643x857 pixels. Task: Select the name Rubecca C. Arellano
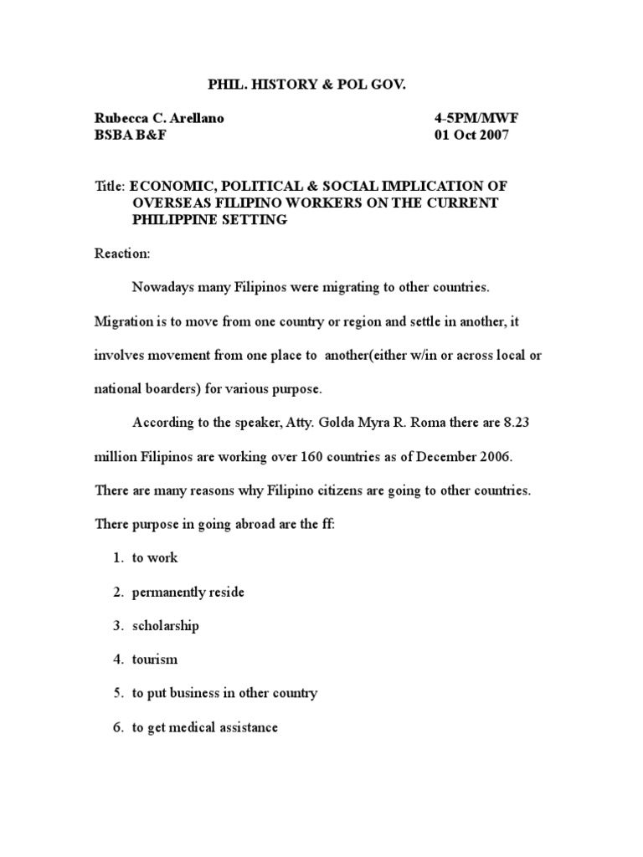pyautogui.click(x=159, y=119)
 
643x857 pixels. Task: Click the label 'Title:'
pyautogui.click(x=109, y=185)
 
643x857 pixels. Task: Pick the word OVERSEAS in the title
pyautogui.click(x=167, y=203)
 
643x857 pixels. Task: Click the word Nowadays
pyautogui.click(x=162, y=287)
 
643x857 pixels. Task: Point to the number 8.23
pyautogui.click(x=515, y=423)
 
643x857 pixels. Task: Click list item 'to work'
pyautogui.click(x=155, y=557)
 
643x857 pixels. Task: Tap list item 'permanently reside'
pyautogui.click(x=188, y=592)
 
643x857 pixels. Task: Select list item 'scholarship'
pyautogui.click(x=165, y=625)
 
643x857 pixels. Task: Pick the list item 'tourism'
pyautogui.click(x=155, y=659)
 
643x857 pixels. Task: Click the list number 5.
pyautogui.click(x=117, y=693)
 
